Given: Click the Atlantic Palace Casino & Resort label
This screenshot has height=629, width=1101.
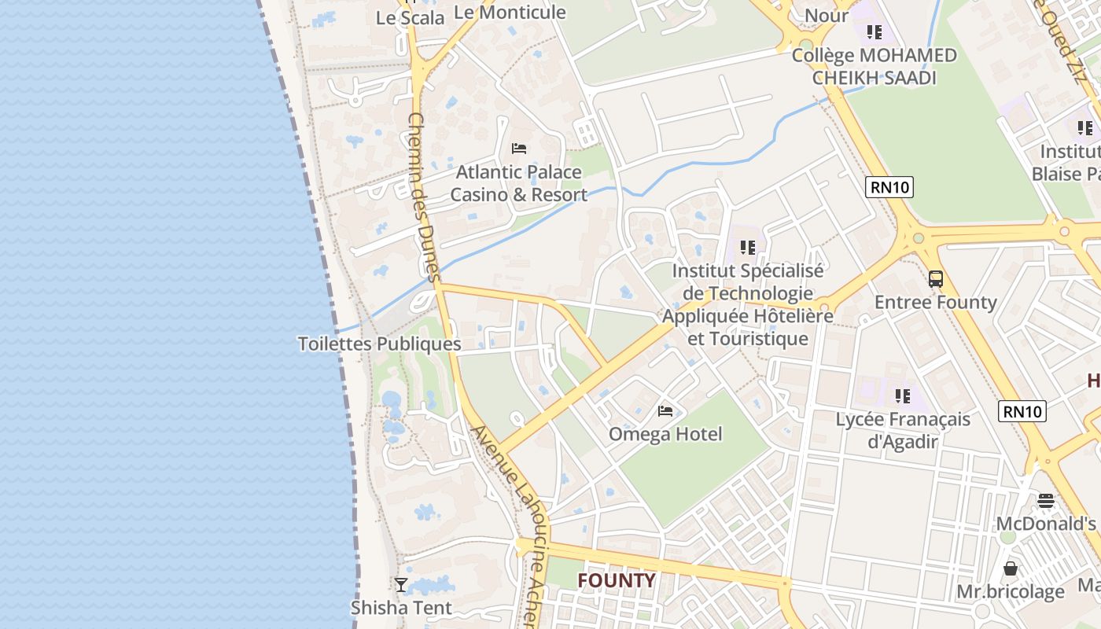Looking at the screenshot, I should [x=519, y=183].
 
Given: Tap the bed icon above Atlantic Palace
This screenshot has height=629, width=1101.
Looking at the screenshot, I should [x=518, y=148].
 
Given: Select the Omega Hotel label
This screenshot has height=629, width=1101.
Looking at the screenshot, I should [x=665, y=434].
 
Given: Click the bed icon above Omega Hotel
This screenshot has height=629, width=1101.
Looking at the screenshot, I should [x=665, y=410].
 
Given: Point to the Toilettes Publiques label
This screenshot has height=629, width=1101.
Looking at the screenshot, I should [x=379, y=344].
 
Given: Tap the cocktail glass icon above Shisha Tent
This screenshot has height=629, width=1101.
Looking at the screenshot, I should [x=401, y=584].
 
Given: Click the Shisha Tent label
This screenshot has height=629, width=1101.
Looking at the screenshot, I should [x=401, y=608].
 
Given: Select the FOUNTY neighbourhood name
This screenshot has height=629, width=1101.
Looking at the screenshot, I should [x=617, y=581].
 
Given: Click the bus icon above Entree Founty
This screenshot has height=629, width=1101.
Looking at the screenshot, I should [x=935, y=278].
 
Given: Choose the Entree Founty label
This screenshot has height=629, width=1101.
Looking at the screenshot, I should [x=935, y=302].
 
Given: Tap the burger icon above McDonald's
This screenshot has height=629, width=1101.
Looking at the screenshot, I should [x=1045, y=500].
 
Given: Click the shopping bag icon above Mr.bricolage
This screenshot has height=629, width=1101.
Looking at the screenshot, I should [x=1011, y=568].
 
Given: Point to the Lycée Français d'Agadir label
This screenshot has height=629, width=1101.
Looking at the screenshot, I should [x=903, y=430].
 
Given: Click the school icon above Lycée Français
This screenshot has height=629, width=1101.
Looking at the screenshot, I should [x=902, y=395].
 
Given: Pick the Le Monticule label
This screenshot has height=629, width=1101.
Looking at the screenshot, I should [x=510, y=12].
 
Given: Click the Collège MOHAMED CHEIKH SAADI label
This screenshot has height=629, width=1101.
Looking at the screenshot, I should [x=874, y=67].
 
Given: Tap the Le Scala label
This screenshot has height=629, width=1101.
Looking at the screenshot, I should [x=411, y=17].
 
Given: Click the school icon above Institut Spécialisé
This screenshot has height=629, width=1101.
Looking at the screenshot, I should [x=747, y=248].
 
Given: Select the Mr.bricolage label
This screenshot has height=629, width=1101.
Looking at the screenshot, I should [x=1010, y=591].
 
